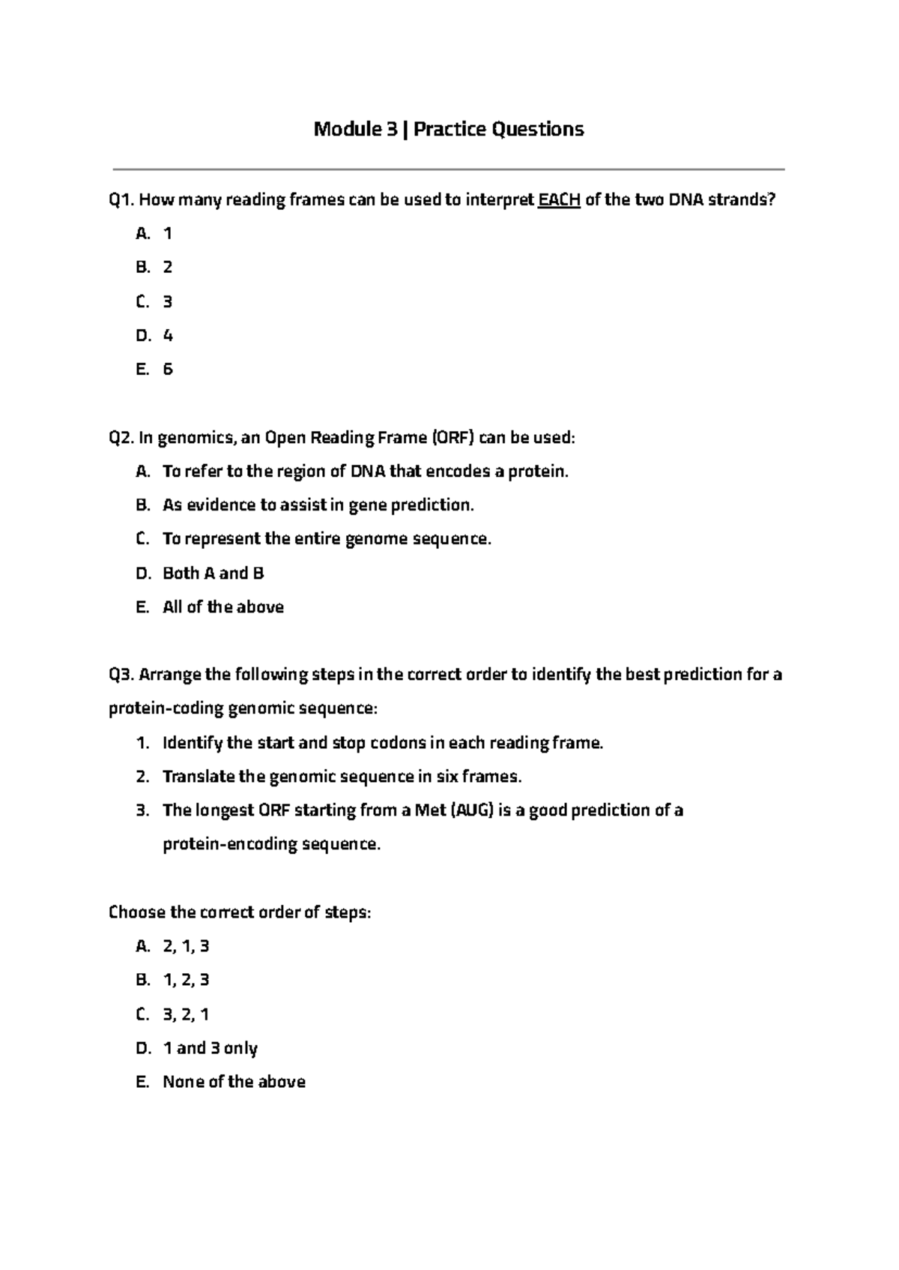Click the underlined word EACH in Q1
pyautogui.click(x=560, y=200)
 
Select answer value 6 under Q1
pyautogui.click(x=168, y=370)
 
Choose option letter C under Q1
pyautogui.click(x=142, y=302)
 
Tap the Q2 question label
pyautogui.click(x=121, y=438)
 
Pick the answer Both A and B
pyautogui.click(x=214, y=574)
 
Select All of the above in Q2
pyautogui.click(x=223, y=607)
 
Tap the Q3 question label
pyautogui.click(x=121, y=675)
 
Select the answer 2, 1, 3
pyautogui.click(x=186, y=946)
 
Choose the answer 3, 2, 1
pyautogui.click(x=186, y=1014)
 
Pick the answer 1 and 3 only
pyautogui.click(x=210, y=1048)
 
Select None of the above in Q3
pyautogui.click(x=234, y=1082)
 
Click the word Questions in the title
pyautogui.click(x=537, y=130)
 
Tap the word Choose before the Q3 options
pyautogui.click(x=136, y=912)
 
